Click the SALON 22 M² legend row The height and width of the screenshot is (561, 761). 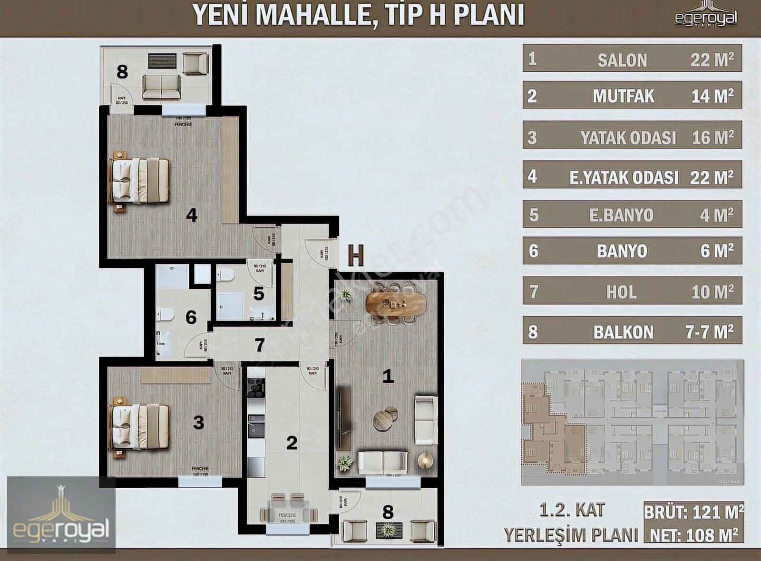(632, 58)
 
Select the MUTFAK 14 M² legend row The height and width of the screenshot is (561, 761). (632, 95)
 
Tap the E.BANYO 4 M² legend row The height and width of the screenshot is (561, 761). (632, 214)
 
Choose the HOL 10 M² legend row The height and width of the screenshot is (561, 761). (632, 291)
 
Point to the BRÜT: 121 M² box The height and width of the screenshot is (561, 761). (693, 512)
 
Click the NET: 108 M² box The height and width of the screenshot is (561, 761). (693, 535)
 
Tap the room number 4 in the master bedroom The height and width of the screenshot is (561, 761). (192, 215)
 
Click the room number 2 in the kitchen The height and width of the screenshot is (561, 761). (292, 443)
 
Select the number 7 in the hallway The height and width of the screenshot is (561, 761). (259, 345)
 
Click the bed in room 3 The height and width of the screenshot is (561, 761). (140, 426)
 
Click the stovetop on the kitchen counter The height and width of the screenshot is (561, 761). (256, 387)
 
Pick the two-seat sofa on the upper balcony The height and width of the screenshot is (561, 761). (162, 87)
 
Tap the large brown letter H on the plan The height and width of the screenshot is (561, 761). (356, 256)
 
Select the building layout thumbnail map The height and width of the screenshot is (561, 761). (632, 422)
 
